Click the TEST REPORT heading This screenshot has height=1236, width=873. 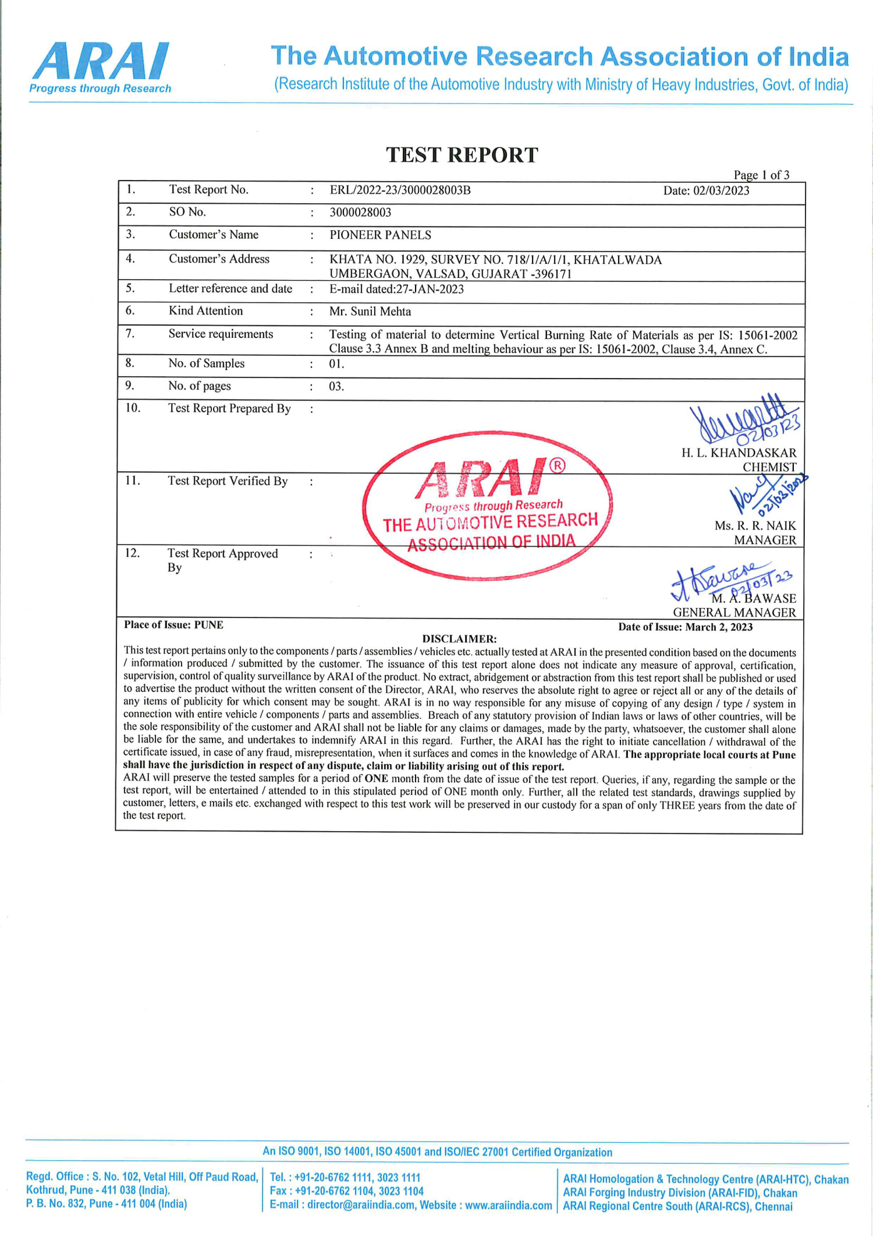point(462,155)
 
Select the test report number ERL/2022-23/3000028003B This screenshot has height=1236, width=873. point(400,190)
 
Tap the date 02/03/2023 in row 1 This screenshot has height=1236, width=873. point(706,191)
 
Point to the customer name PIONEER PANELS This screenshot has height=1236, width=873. point(380,235)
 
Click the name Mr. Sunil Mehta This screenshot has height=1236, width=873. point(370,312)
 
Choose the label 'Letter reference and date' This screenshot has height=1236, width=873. point(230,289)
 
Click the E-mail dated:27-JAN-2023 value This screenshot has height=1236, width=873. point(396,289)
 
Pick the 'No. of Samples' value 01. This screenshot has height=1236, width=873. point(336,364)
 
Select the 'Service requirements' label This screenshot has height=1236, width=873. point(221,334)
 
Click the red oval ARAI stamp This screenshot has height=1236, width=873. point(488,506)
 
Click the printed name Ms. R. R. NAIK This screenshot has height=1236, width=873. point(755,526)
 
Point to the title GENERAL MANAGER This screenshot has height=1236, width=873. point(734,613)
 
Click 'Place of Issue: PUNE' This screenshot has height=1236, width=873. point(173,625)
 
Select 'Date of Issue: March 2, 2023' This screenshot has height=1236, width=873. point(685,627)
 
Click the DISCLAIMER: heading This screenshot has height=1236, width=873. point(459,639)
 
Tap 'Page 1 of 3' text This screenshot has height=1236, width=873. point(761,175)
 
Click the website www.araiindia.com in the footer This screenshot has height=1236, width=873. point(508,1205)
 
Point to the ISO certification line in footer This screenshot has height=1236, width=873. point(437,1152)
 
